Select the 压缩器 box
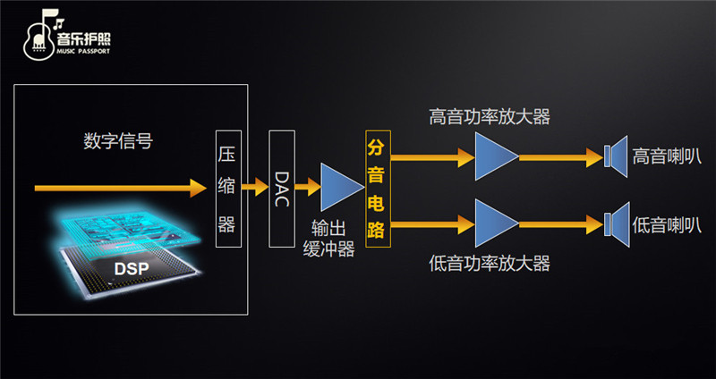[227, 187]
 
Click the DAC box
[282, 188]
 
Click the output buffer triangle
[339, 188]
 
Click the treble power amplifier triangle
[495, 157]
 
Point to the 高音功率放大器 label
[489, 117]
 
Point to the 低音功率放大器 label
[489, 264]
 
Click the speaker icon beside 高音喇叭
[615, 157]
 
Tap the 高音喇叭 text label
[666, 156]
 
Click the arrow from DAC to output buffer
[308, 188]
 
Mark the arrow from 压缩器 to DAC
[256, 188]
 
